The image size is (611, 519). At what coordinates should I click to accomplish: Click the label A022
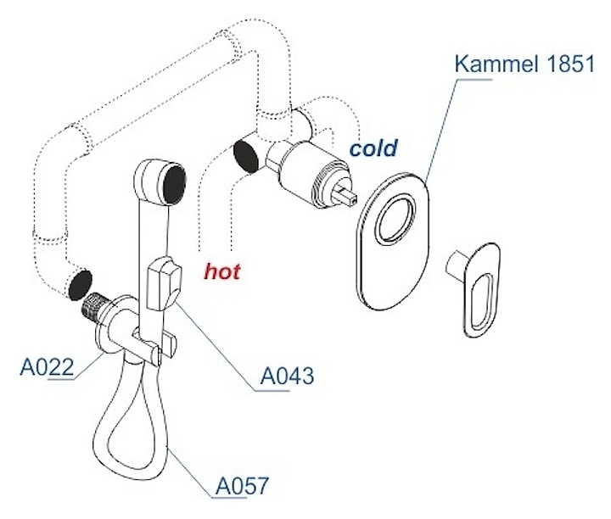click(x=48, y=368)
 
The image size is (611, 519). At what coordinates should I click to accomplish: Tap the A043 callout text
click(x=286, y=375)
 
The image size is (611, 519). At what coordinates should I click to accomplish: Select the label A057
click(x=242, y=486)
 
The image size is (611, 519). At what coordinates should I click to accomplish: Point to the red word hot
click(x=221, y=271)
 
